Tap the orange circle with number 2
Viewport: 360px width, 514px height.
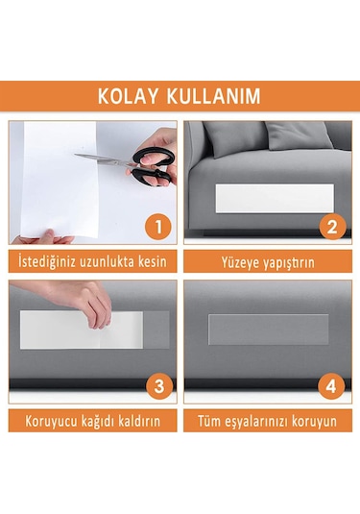pos(331,228)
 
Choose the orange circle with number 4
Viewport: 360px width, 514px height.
pos(331,387)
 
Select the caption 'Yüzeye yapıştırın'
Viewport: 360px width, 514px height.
pos(268,261)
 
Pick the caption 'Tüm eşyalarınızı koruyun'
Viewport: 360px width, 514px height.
pos(268,421)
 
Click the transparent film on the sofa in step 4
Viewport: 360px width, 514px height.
pos(268,330)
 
